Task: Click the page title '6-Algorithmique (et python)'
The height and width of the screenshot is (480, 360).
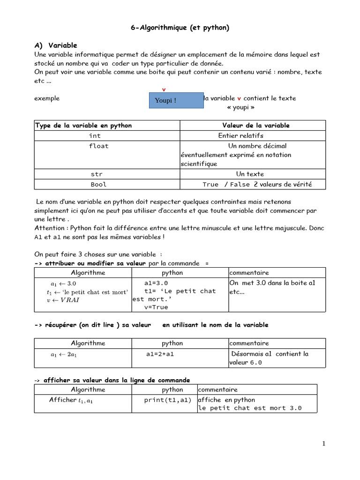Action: tap(180, 28)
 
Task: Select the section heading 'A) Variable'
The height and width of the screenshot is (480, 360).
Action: tap(56, 45)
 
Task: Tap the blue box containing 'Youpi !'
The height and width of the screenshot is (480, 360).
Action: tap(176, 100)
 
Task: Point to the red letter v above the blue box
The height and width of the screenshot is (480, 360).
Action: tap(164, 89)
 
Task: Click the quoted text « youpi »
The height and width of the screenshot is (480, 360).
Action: tap(240, 107)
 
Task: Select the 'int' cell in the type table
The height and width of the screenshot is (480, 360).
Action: tap(95, 136)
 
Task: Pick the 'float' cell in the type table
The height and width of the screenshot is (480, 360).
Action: tap(99, 146)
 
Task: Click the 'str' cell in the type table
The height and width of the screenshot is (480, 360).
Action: tap(97, 174)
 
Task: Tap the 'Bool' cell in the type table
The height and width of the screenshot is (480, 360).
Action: tap(98, 185)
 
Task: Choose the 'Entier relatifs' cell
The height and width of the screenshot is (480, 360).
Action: tap(240, 136)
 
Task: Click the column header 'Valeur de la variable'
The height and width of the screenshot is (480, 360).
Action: tap(255, 126)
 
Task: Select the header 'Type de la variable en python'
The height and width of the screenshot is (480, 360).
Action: tap(83, 126)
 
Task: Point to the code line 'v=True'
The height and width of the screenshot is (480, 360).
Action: tap(156, 307)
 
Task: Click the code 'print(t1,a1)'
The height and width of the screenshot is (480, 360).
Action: tap(168, 400)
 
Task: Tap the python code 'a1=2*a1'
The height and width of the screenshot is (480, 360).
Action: tap(160, 354)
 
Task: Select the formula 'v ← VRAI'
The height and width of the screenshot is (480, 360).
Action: tap(63, 300)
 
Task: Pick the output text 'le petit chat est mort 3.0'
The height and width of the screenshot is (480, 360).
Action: tap(250, 408)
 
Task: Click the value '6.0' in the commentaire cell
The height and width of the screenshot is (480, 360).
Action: tap(256, 363)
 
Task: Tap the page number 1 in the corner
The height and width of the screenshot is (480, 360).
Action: tap(323, 444)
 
